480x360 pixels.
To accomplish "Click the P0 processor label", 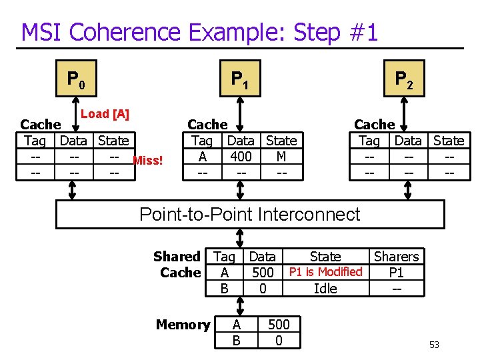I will tap(75, 81).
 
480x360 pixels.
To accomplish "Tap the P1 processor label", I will tap(239, 81).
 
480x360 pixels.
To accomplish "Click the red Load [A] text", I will tap(105, 114).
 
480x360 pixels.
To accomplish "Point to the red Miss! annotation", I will tap(148, 160).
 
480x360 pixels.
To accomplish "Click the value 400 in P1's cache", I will tap(240, 157).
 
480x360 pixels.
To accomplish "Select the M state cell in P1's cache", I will tap(281, 157).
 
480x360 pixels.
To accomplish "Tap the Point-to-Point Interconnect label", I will tap(249, 214).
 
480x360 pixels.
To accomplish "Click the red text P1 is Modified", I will tap(325, 272).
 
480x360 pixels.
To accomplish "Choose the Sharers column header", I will tap(396, 257).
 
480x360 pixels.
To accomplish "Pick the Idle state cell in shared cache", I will tap(325, 288).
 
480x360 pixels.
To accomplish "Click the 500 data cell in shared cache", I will tap(263, 273).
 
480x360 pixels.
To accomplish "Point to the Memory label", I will tap(183, 325).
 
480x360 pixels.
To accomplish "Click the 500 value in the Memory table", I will tap(279, 325).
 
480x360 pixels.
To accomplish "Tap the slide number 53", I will tap(434, 345).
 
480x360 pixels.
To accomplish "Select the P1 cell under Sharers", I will tap(396, 273).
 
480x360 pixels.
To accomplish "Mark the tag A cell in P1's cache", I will tap(202, 157).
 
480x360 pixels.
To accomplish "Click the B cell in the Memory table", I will tap(236, 341).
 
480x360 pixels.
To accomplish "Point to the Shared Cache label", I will tap(177, 264).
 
